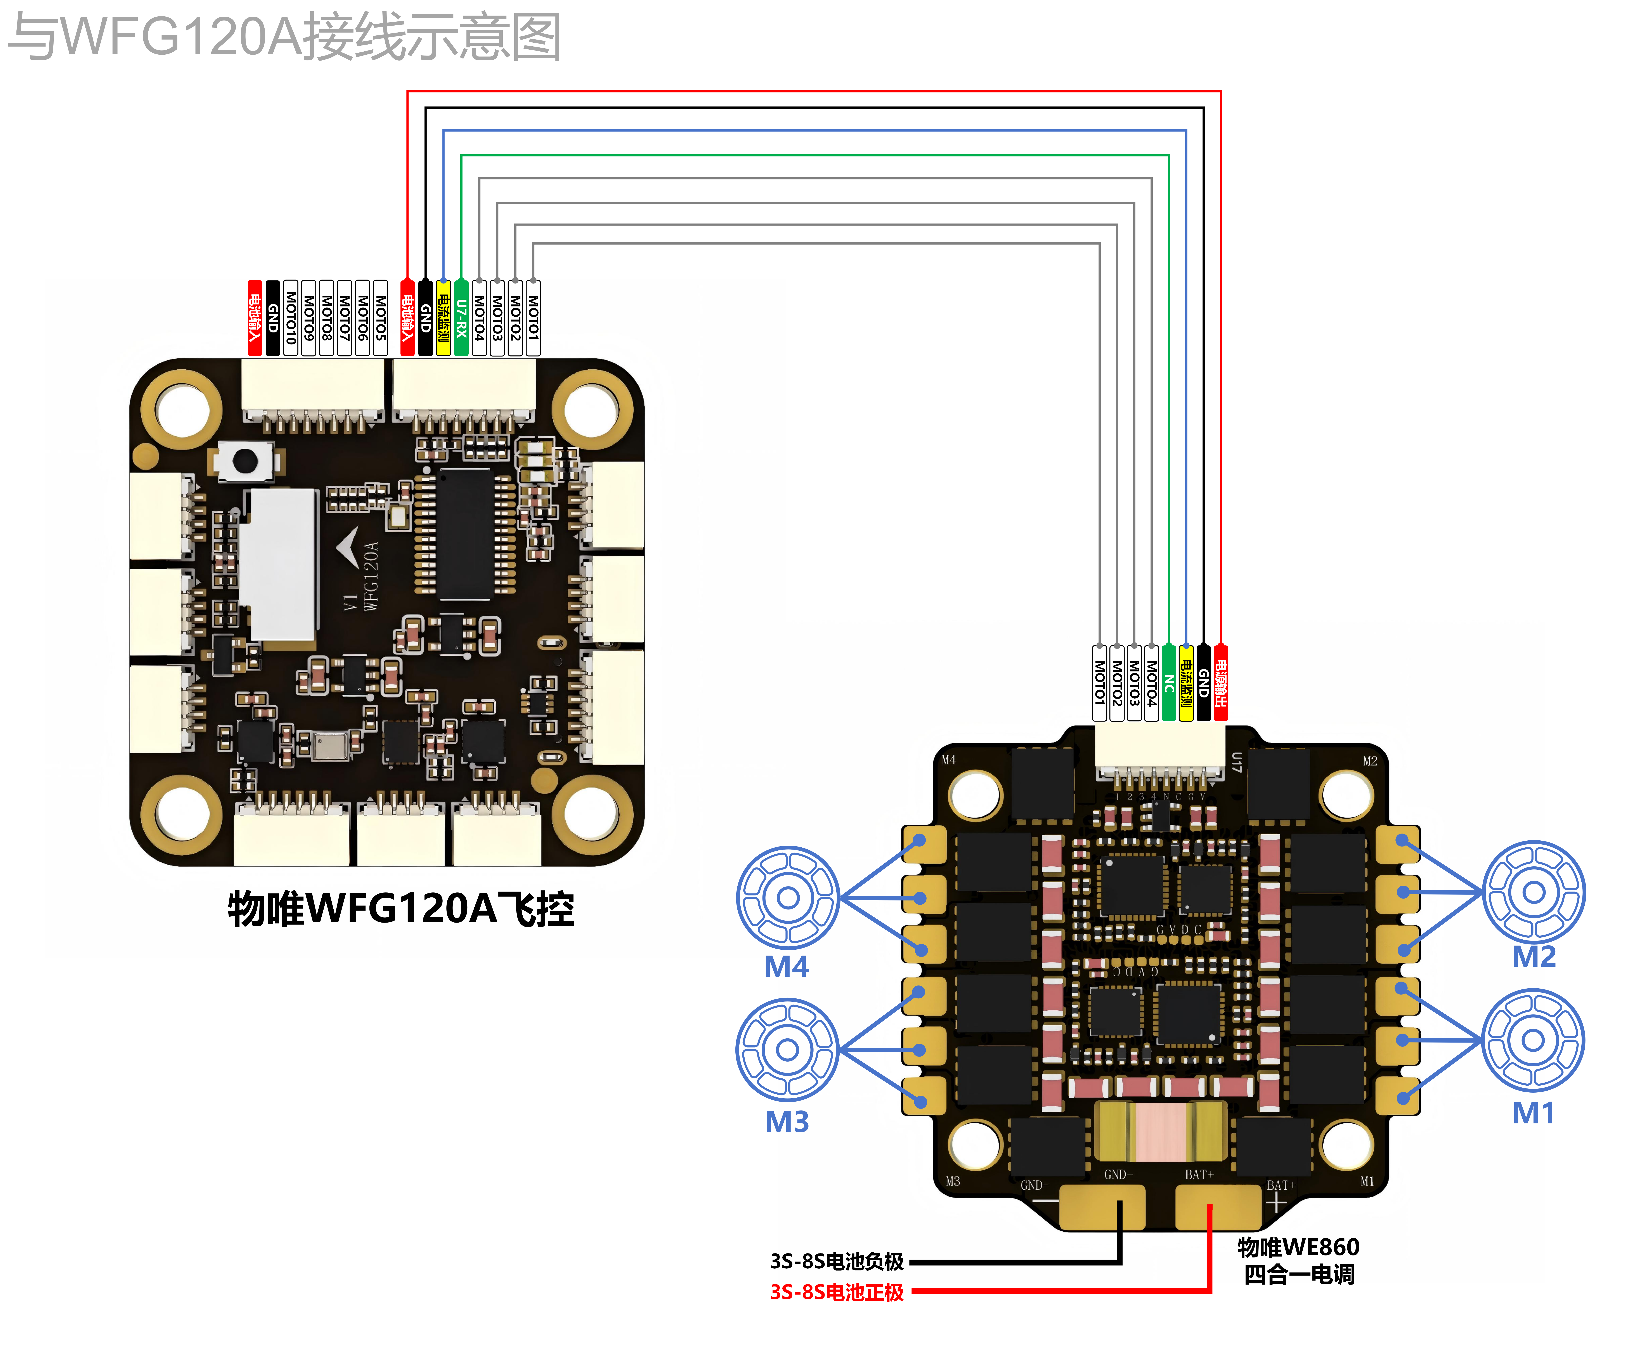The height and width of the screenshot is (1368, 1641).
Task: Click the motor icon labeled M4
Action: click(788, 897)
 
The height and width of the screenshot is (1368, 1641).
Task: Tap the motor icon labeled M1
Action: click(1533, 1040)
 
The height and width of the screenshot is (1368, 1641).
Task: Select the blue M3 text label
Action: click(787, 1122)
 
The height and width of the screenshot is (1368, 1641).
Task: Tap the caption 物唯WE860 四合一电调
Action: click(1299, 1260)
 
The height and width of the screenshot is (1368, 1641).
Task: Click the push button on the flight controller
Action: click(244, 461)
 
